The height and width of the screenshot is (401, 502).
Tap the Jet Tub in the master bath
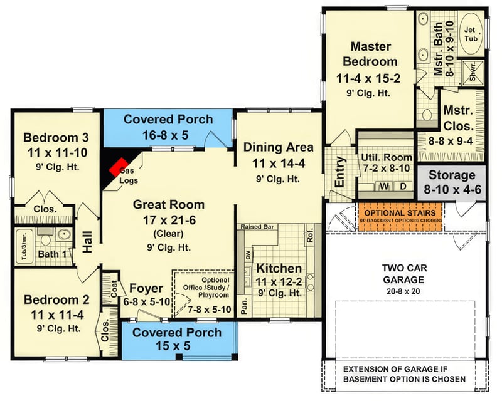(470, 34)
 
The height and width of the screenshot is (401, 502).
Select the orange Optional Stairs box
(400, 216)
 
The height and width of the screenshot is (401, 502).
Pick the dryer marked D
(403, 187)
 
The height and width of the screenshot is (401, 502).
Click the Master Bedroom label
(370, 55)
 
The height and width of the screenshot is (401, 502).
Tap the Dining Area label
(278, 147)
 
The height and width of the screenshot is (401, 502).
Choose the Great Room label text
(168, 204)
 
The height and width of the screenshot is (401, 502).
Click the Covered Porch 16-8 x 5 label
(168, 119)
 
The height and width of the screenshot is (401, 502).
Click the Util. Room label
(386, 157)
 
